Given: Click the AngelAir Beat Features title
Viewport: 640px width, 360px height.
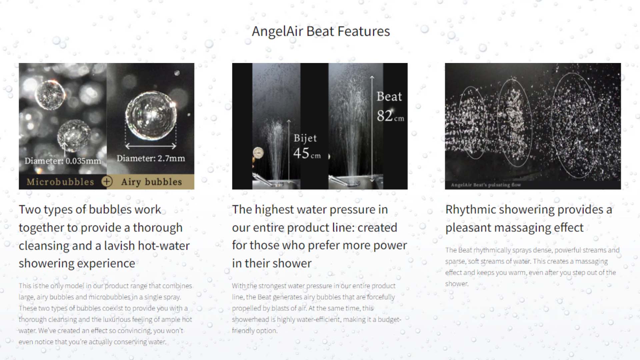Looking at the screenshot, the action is click(321, 31).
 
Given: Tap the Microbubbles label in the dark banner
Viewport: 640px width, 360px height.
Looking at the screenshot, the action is click(60, 182).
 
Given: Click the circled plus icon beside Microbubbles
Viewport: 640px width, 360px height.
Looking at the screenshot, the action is click(107, 181).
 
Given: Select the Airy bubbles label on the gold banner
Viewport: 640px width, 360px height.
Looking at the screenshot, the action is click(152, 182).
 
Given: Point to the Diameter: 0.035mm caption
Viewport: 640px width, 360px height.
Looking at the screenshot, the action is click(63, 161).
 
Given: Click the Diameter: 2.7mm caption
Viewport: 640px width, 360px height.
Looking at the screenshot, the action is click(151, 158).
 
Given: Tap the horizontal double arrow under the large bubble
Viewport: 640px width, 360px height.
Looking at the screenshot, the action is click(151, 146).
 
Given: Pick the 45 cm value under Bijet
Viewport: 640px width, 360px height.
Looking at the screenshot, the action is click(307, 153).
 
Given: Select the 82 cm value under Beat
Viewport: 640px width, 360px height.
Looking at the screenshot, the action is click(390, 116).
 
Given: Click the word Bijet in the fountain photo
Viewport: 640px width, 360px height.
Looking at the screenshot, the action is click(305, 138).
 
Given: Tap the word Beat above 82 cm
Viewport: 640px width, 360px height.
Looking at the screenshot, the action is click(389, 96).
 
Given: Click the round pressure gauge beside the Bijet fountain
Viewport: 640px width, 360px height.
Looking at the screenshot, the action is click(258, 153).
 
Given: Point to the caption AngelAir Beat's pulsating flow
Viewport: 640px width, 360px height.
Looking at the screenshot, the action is click(486, 185).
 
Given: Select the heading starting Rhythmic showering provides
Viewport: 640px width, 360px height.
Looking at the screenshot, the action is click(529, 218).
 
